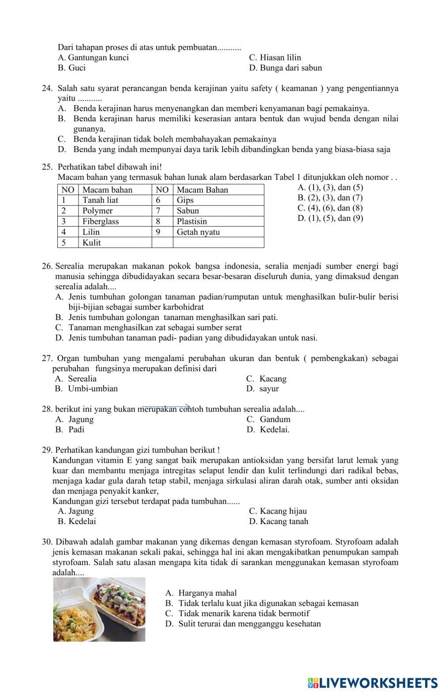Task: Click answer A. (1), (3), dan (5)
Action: pos(330,187)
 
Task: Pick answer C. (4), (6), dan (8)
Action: pos(330,208)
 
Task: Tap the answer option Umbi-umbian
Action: pos(93,389)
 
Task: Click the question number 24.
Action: pos(47,89)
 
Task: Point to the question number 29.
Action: pos(47,450)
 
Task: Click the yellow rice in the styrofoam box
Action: pos(75,617)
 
